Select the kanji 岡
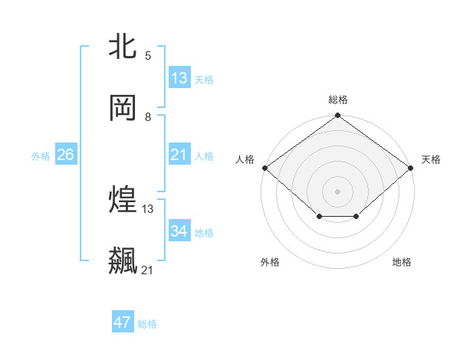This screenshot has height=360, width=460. click(x=123, y=108)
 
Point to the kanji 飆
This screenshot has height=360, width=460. click(x=123, y=261)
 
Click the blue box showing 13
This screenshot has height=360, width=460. click(x=179, y=77)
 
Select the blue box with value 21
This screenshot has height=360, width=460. click(x=179, y=155)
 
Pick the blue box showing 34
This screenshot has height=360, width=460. click(x=179, y=231)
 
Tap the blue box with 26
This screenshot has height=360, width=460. click(x=65, y=155)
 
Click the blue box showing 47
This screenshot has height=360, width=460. click(x=123, y=322)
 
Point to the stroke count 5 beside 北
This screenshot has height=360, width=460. click(x=148, y=55)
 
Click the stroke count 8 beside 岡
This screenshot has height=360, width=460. click(x=148, y=116)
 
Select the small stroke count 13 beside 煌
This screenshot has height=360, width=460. click(x=148, y=208)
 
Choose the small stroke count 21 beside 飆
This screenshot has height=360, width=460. click(x=148, y=270)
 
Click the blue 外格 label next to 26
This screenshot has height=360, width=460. click(x=41, y=156)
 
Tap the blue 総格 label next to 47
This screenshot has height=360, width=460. click(x=147, y=324)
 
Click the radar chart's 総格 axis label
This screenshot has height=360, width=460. click(x=338, y=100)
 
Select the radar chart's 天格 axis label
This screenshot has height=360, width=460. click(x=431, y=159)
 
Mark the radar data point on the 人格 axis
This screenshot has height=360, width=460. click(x=264, y=168)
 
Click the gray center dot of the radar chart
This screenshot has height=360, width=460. click(x=338, y=191)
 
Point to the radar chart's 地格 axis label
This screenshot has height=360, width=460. click(x=402, y=262)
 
